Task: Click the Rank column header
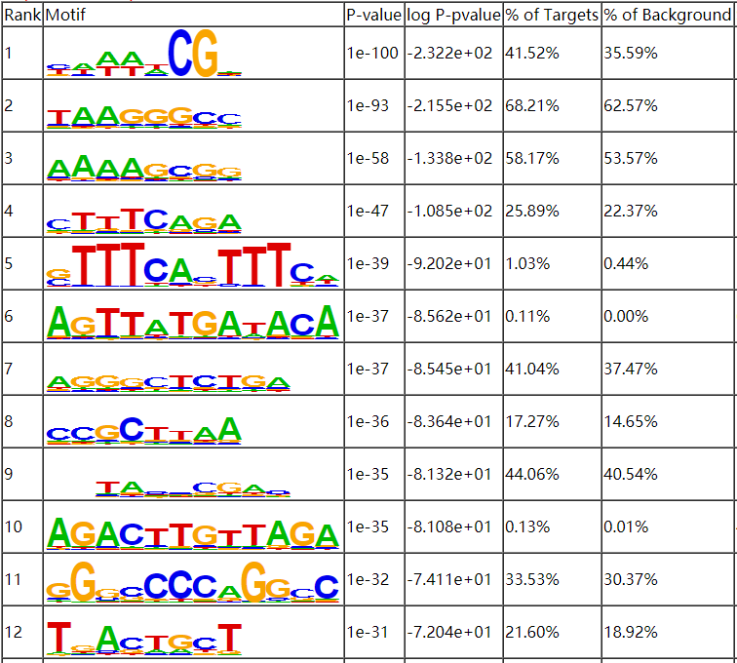coord(21,16)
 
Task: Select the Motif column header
coord(65,16)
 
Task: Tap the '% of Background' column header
coord(667,16)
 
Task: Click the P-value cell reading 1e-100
coord(372,53)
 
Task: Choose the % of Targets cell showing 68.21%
coord(531,105)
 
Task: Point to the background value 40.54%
coord(630,474)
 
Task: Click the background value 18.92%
coord(630,632)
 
